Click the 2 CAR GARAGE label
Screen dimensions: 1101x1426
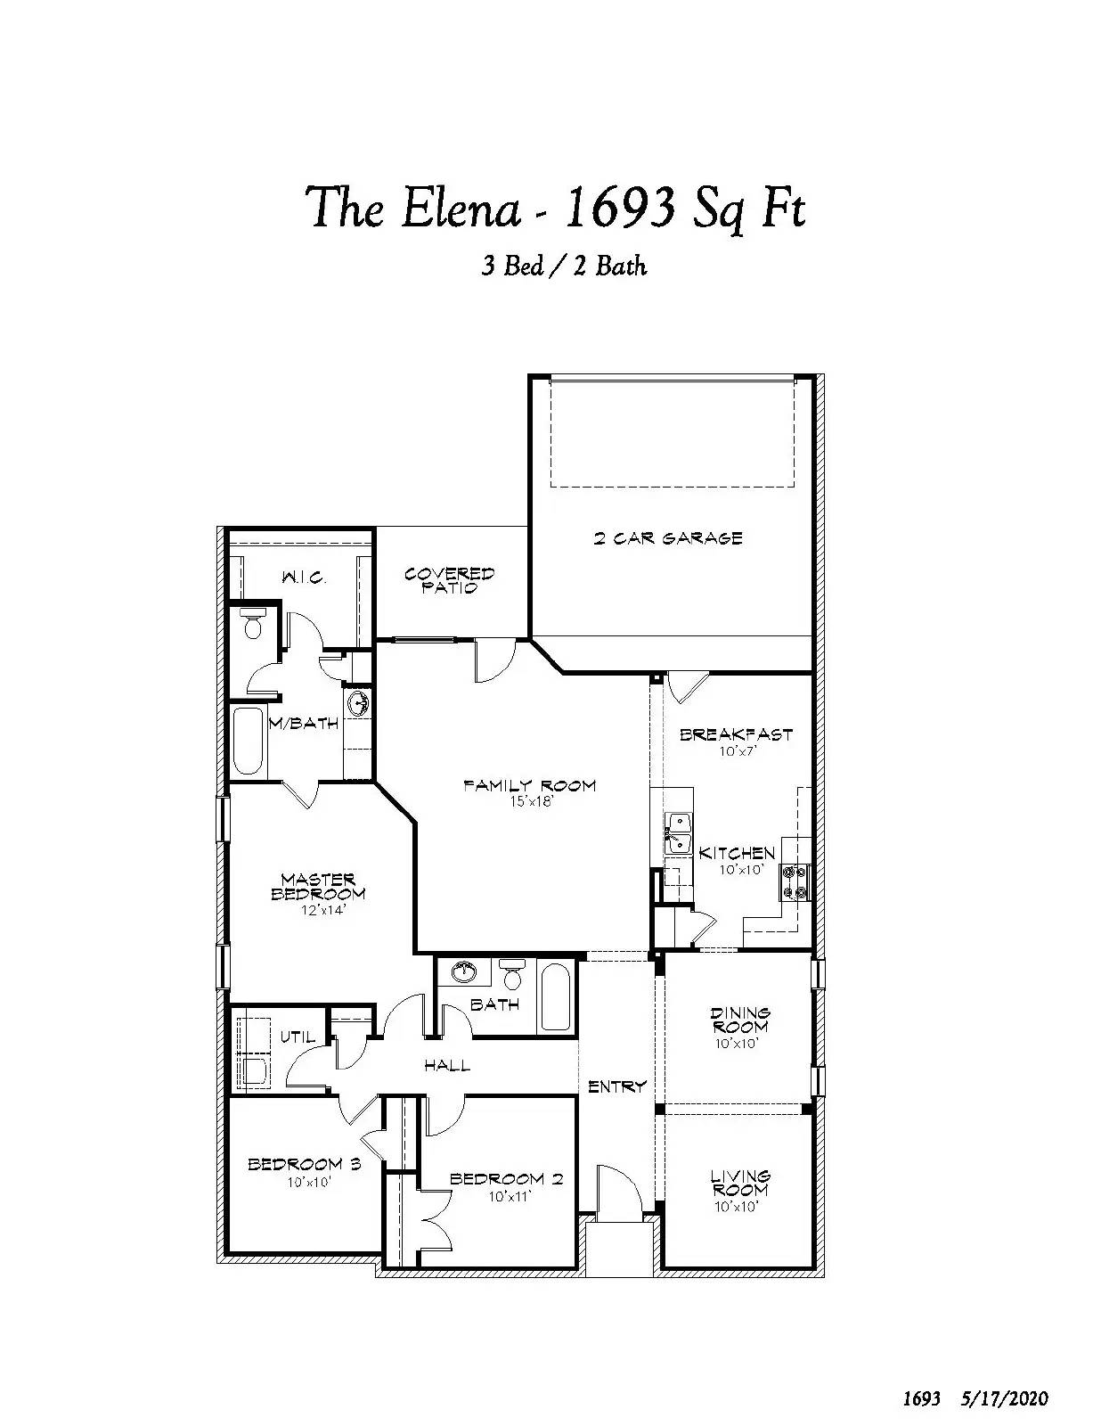[667, 539]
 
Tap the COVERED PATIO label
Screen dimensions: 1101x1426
[449, 581]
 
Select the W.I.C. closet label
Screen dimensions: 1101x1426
[304, 578]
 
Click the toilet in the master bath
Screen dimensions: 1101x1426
[252, 624]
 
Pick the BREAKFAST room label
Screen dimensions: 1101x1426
[737, 734]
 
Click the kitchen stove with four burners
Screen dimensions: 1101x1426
[795, 882]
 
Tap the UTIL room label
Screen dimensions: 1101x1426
[298, 1037]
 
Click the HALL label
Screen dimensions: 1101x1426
[447, 1065]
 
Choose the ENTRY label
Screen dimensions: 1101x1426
[617, 1086]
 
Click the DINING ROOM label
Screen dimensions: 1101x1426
[740, 1020]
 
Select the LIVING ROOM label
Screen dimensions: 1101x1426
[740, 1183]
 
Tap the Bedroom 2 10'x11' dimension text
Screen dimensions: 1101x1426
[509, 1196]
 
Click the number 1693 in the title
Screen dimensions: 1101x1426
[620, 208]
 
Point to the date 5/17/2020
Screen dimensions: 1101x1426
[1005, 1393]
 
